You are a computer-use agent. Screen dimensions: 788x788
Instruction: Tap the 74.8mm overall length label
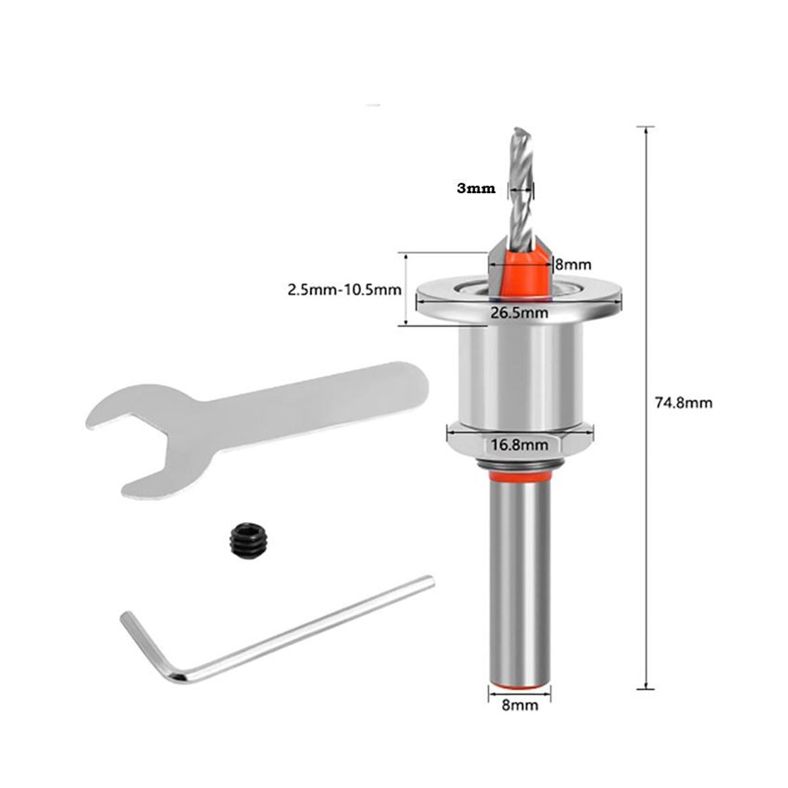coord(684,403)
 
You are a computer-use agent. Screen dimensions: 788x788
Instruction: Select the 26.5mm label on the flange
coord(519,313)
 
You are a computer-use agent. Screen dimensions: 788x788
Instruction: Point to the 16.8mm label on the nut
coord(519,445)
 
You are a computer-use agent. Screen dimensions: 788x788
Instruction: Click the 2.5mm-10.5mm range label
coord(344,289)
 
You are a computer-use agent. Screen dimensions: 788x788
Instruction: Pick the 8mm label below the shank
coord(519,706)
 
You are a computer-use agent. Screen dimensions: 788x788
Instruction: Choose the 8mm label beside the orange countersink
coord(574,265)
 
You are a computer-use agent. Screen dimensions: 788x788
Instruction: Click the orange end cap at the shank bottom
coord(519,684)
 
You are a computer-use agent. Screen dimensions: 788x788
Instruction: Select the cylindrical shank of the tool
coord(519,578)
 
